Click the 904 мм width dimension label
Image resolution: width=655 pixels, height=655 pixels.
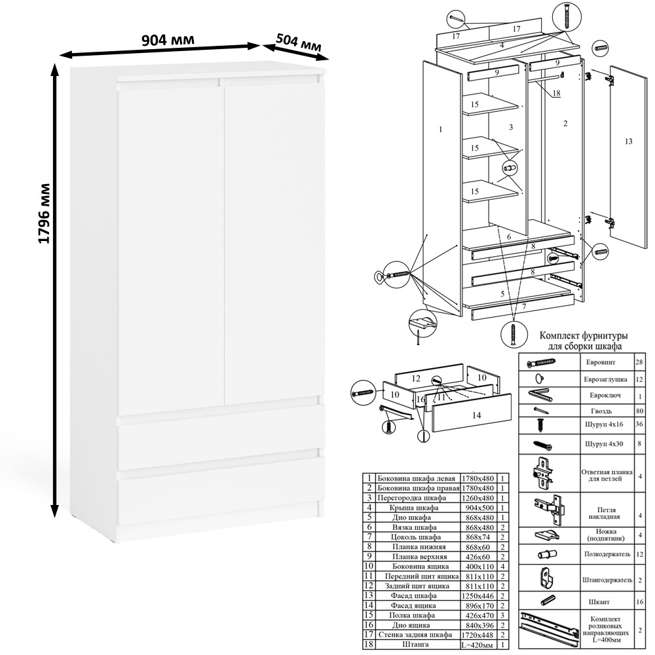coord(168,40)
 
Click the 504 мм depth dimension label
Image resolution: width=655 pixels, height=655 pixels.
coord(299,43)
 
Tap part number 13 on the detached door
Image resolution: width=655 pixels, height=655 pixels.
coord(628,141)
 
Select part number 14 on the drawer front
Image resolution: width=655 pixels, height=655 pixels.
coord(476,415)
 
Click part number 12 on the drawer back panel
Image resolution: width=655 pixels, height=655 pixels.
coord(415,379)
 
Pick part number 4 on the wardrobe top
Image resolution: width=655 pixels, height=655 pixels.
coord(502,45)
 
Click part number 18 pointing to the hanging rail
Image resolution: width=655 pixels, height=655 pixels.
coord(556,93)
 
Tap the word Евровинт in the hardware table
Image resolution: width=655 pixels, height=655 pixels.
coord(600,362)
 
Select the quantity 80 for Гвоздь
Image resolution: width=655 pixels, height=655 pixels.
coord(639,411)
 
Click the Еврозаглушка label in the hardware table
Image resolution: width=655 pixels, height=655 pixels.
coord(605,380)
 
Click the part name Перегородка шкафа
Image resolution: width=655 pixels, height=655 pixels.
coord(411,498)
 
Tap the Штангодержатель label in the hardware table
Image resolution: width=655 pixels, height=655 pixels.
coord(607,580)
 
